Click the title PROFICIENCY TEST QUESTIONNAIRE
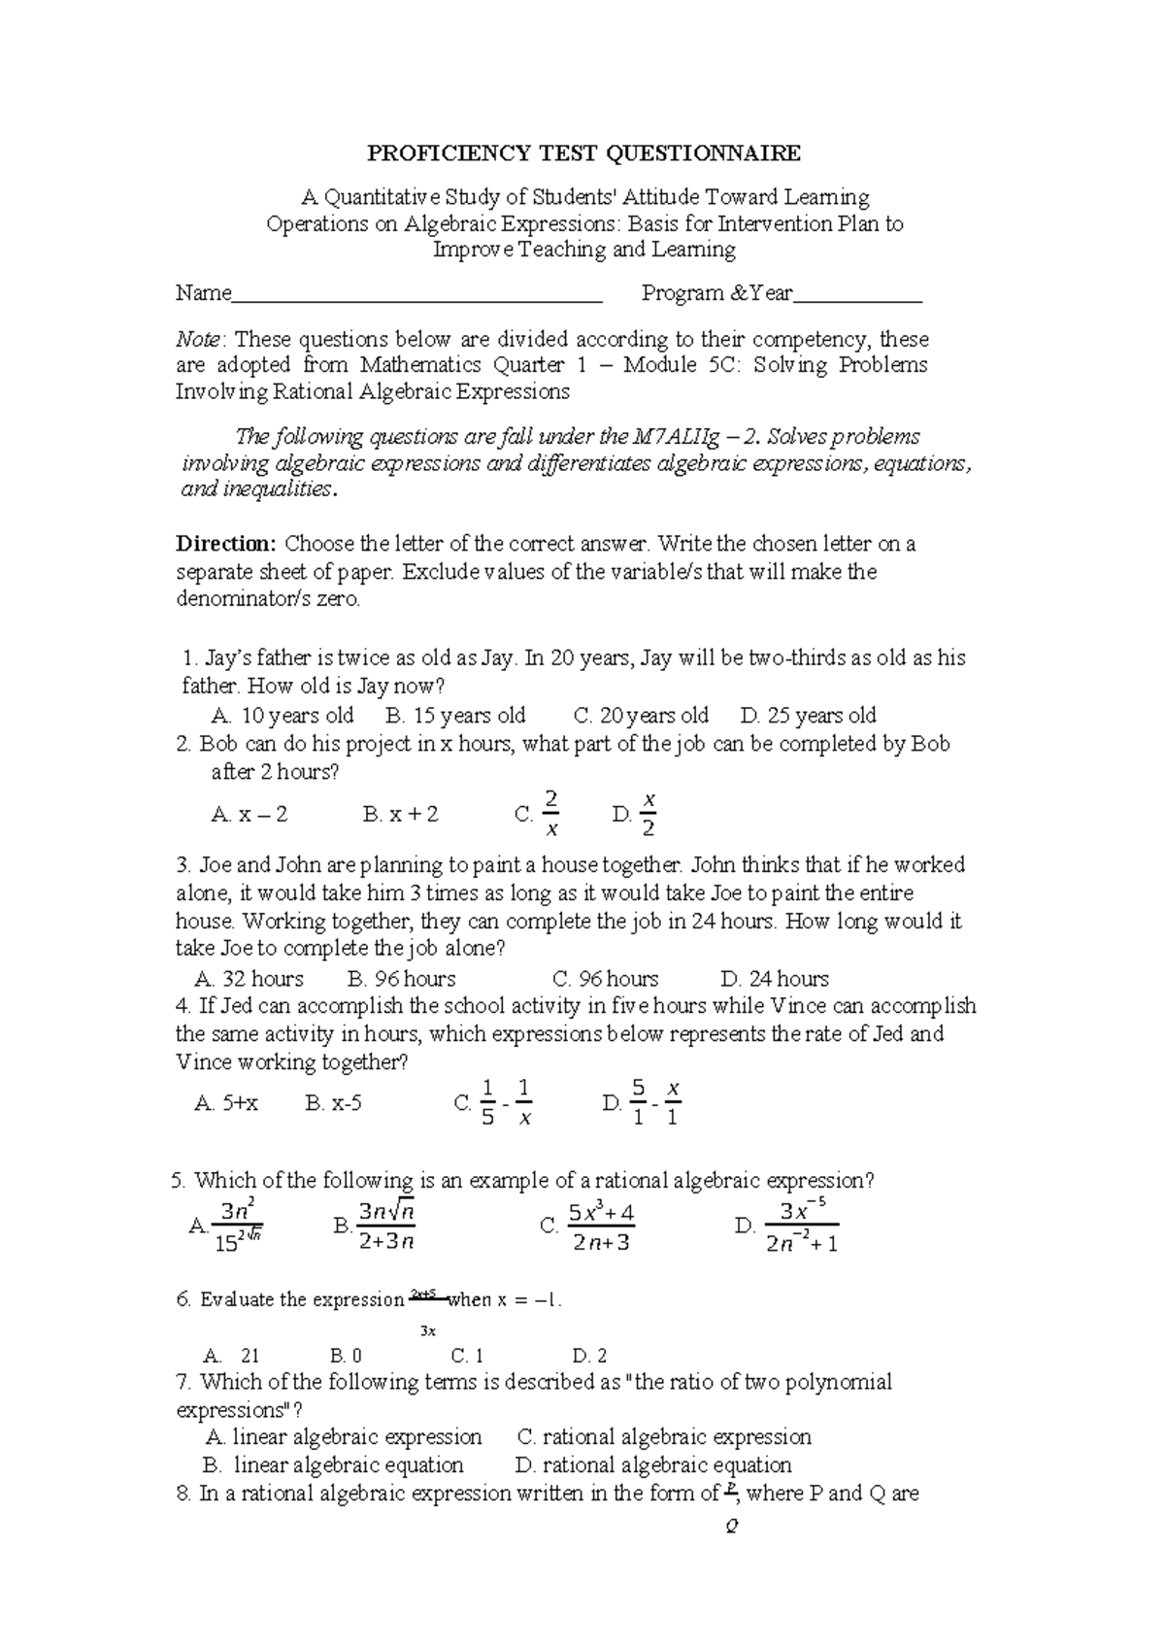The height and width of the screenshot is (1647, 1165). click(582, 152)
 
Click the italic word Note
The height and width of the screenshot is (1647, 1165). click(198, 340)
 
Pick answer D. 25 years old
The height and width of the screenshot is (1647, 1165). click(808, 716)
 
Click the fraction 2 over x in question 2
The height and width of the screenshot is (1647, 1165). click(550, 814)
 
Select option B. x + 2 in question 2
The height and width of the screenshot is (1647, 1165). click(400, 815)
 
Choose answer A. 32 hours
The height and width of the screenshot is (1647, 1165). click(249, 979)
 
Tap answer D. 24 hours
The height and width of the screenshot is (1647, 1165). click(775, 979)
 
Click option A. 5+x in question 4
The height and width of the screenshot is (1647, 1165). click(226, 1103)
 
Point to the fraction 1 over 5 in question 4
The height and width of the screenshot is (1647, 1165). click(488, 1102)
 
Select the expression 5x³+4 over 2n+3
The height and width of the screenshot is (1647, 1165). click(601, 1227)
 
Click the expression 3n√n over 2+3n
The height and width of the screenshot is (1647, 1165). click(386, 1227)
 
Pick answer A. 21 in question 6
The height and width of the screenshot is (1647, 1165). click(231, 1356)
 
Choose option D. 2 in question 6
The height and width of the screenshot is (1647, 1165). click(589, 1356)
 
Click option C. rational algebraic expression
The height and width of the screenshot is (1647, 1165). click(664, 1437)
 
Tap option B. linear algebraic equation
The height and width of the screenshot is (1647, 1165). click(334, 1465)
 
